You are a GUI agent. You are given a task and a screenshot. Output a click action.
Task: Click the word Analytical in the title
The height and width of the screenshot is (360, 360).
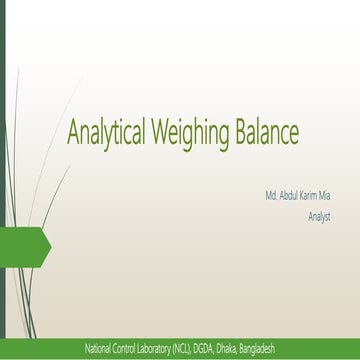point(106,132)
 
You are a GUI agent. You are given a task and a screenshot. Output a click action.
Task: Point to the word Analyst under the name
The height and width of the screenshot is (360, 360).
point(319,216)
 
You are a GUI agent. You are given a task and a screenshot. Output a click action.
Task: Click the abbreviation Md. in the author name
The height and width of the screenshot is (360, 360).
point(271,197)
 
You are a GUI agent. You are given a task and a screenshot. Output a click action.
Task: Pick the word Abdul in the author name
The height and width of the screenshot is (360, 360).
point(289,197)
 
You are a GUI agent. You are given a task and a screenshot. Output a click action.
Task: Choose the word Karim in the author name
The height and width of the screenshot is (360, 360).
point(309,197)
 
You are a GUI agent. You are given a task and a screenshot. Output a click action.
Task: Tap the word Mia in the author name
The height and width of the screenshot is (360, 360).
point(325,197)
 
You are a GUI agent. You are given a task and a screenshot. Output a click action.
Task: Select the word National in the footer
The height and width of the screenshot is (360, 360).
point(99,348)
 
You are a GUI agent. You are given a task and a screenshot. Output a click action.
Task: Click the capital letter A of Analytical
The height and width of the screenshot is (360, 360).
point(73,131)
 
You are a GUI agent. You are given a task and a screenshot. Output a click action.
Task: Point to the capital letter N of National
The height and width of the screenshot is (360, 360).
point(88,348)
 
